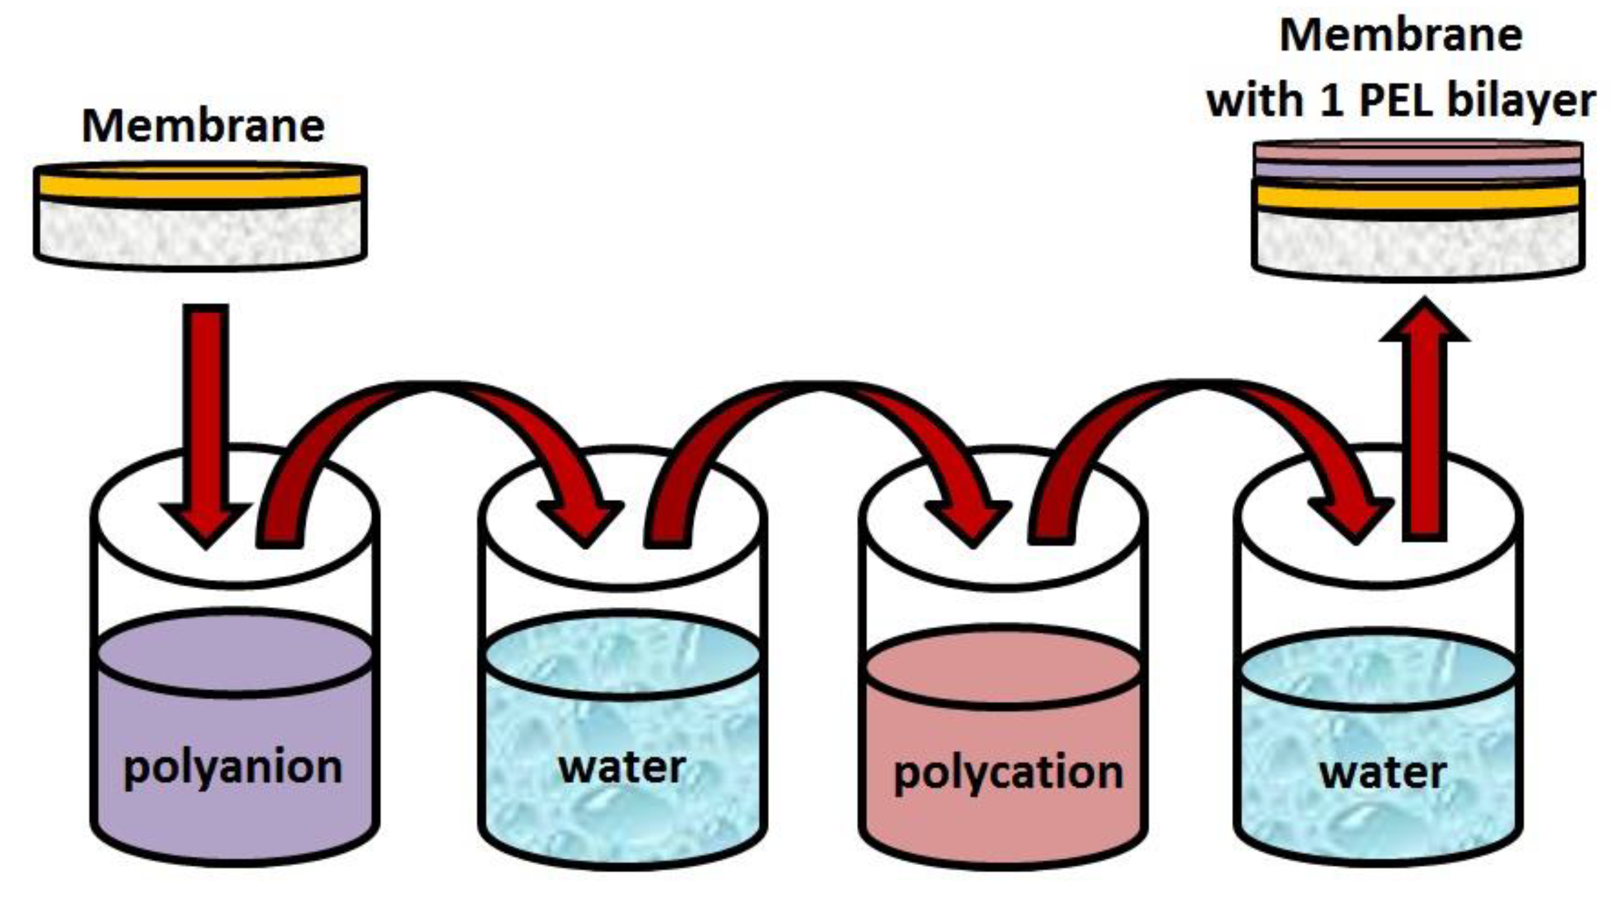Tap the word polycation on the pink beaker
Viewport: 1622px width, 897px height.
point(1008,773)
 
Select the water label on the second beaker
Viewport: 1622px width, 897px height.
point(622,768)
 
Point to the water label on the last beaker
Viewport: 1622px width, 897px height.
point(1382,773)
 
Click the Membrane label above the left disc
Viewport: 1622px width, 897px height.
point(203,126)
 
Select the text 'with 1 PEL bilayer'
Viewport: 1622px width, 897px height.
point(1401,101)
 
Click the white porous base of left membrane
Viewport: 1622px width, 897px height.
point(200,233)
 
